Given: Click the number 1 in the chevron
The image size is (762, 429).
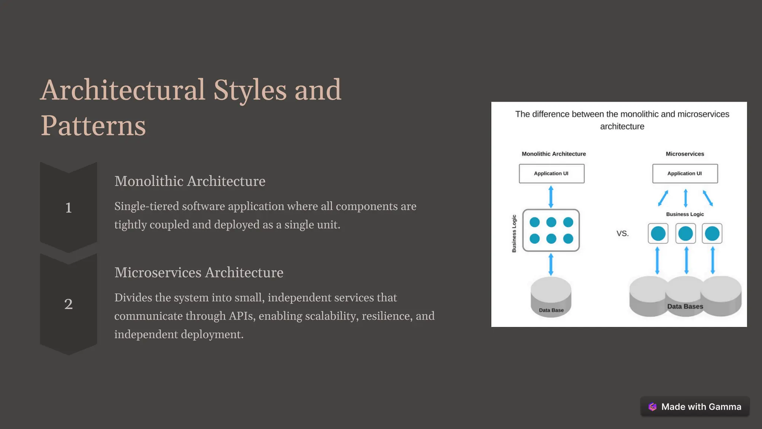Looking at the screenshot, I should click(68, 207).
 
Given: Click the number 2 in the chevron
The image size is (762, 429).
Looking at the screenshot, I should click(68, 304).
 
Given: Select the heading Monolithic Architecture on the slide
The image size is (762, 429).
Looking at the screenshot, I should click(190, 181).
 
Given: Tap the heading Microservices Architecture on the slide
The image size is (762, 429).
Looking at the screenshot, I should click(199, 272).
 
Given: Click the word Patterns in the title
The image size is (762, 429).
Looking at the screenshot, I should click(93, 126).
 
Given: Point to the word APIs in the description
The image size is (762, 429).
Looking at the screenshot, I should click(240, 316).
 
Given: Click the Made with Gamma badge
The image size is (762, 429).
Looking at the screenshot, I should click(695, 407).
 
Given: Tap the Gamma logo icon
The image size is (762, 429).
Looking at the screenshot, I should click(653, 407).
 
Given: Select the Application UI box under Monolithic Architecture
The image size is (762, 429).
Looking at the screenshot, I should click(551, 174).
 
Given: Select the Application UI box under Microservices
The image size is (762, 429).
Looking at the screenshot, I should click(685, 174).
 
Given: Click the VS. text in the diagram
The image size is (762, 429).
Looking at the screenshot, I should click(622, 233).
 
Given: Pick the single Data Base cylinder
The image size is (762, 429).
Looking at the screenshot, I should click(551, 296).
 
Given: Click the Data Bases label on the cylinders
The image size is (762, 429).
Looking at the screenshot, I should click(685, 306).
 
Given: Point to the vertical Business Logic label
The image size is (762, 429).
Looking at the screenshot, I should click(514, 233).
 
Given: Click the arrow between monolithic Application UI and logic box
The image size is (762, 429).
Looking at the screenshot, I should click(551, 197).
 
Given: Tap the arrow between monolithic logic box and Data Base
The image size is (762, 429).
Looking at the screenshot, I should click(551, 264).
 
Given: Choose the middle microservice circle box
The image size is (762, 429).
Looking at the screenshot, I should click(685, 233).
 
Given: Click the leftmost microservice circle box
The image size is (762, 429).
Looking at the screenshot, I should click(658, 233).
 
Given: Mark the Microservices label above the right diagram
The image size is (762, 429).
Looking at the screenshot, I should click(685, 154).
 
